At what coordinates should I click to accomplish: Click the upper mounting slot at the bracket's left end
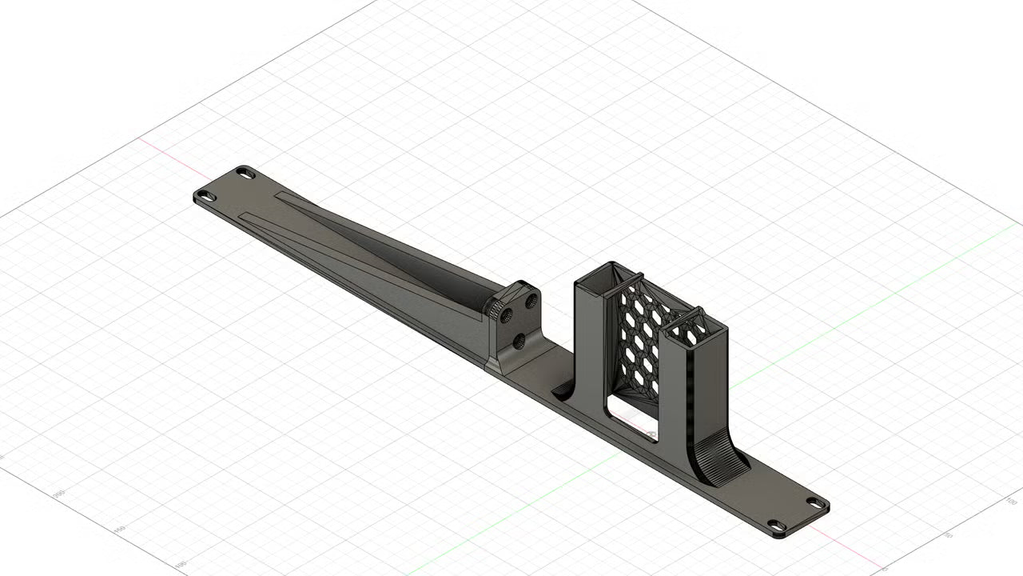(x=245, y=172)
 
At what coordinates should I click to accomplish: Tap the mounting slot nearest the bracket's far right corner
(x=816, y=503)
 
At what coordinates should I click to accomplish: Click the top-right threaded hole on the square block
(x=528, y=302)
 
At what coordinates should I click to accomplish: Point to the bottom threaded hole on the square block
(x=519, y=342)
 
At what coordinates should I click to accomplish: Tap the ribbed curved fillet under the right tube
(x=719, y=464)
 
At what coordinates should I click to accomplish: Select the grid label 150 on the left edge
(x=120, y=530)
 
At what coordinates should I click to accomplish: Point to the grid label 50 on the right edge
(x=949, y=534)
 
